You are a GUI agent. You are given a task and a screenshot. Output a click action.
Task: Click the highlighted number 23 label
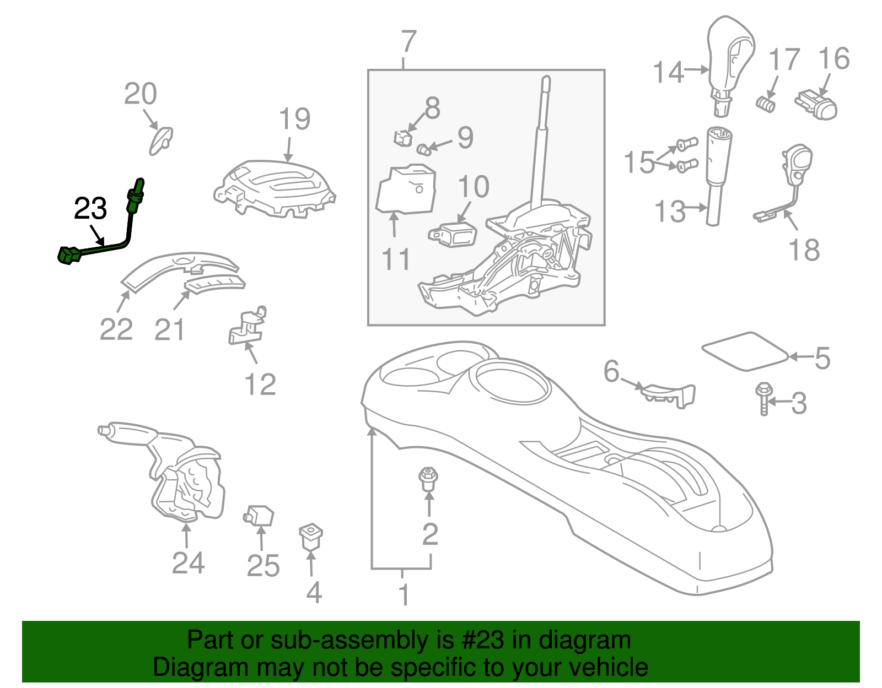[x=90, y=209]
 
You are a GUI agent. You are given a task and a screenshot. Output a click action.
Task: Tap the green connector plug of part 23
[x=68, y=254]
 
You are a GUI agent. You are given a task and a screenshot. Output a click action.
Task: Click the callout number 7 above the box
[x=408, y=42]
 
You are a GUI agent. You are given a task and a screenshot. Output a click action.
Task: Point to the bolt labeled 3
[x=764, y=398]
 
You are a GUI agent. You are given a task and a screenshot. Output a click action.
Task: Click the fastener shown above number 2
[x=428, y=478]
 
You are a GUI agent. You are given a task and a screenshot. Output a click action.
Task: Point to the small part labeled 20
[x=162, y=139]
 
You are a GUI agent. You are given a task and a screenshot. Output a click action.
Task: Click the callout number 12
[x=260, y=384]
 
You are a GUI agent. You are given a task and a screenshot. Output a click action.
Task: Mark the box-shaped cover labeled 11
[x=406, y=190]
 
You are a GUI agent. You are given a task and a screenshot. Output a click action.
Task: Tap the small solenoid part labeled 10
[x=453, y=235]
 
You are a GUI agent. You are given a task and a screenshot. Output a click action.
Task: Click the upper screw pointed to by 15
[x=687, y=145]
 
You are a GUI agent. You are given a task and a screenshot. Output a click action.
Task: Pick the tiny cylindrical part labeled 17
[x=765, y=103]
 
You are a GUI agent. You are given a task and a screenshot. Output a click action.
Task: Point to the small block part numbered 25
[x=259, y=516]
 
